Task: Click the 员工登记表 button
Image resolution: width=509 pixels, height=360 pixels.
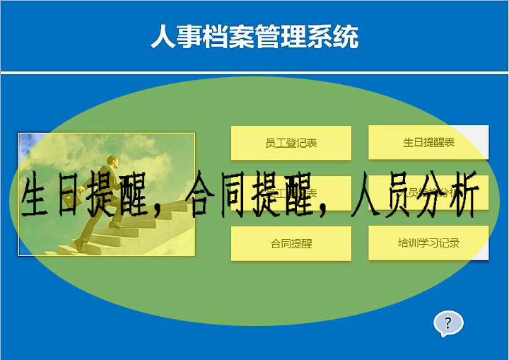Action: point(291,143)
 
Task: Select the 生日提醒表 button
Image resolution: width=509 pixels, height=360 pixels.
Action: point(428,143)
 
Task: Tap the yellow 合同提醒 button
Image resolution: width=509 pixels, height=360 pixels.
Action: point(291,243)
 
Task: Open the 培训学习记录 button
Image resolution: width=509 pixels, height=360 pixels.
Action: point(428,243)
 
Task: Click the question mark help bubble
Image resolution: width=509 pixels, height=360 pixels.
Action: point(447,323)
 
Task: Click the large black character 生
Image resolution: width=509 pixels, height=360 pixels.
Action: point(40,194)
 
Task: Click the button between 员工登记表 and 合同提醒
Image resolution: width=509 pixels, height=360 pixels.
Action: point(291,193)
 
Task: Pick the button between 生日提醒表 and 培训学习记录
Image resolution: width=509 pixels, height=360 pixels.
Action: point(428,193)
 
